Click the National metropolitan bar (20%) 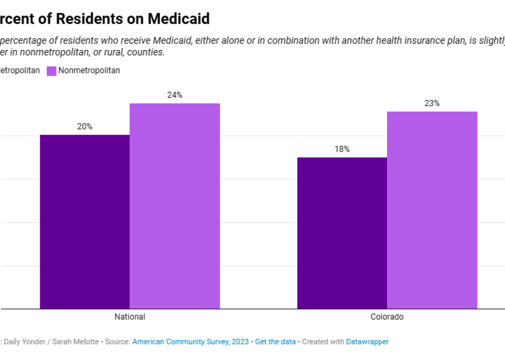[85, 221]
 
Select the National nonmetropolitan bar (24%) [175, 206]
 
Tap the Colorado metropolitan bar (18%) [342, 233]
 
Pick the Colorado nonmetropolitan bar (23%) [432, 210]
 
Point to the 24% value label [175, 95]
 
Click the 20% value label [85, 127]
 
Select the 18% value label [342, 149]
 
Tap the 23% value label [432, 104]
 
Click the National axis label [130, 317]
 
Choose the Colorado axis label [387, 317]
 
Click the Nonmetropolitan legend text [89, 71]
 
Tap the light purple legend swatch [52, 71]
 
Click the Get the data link [275, 341]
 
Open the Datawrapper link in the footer [367, 341]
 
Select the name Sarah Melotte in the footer [78, 341]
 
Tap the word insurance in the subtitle [403, 41]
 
